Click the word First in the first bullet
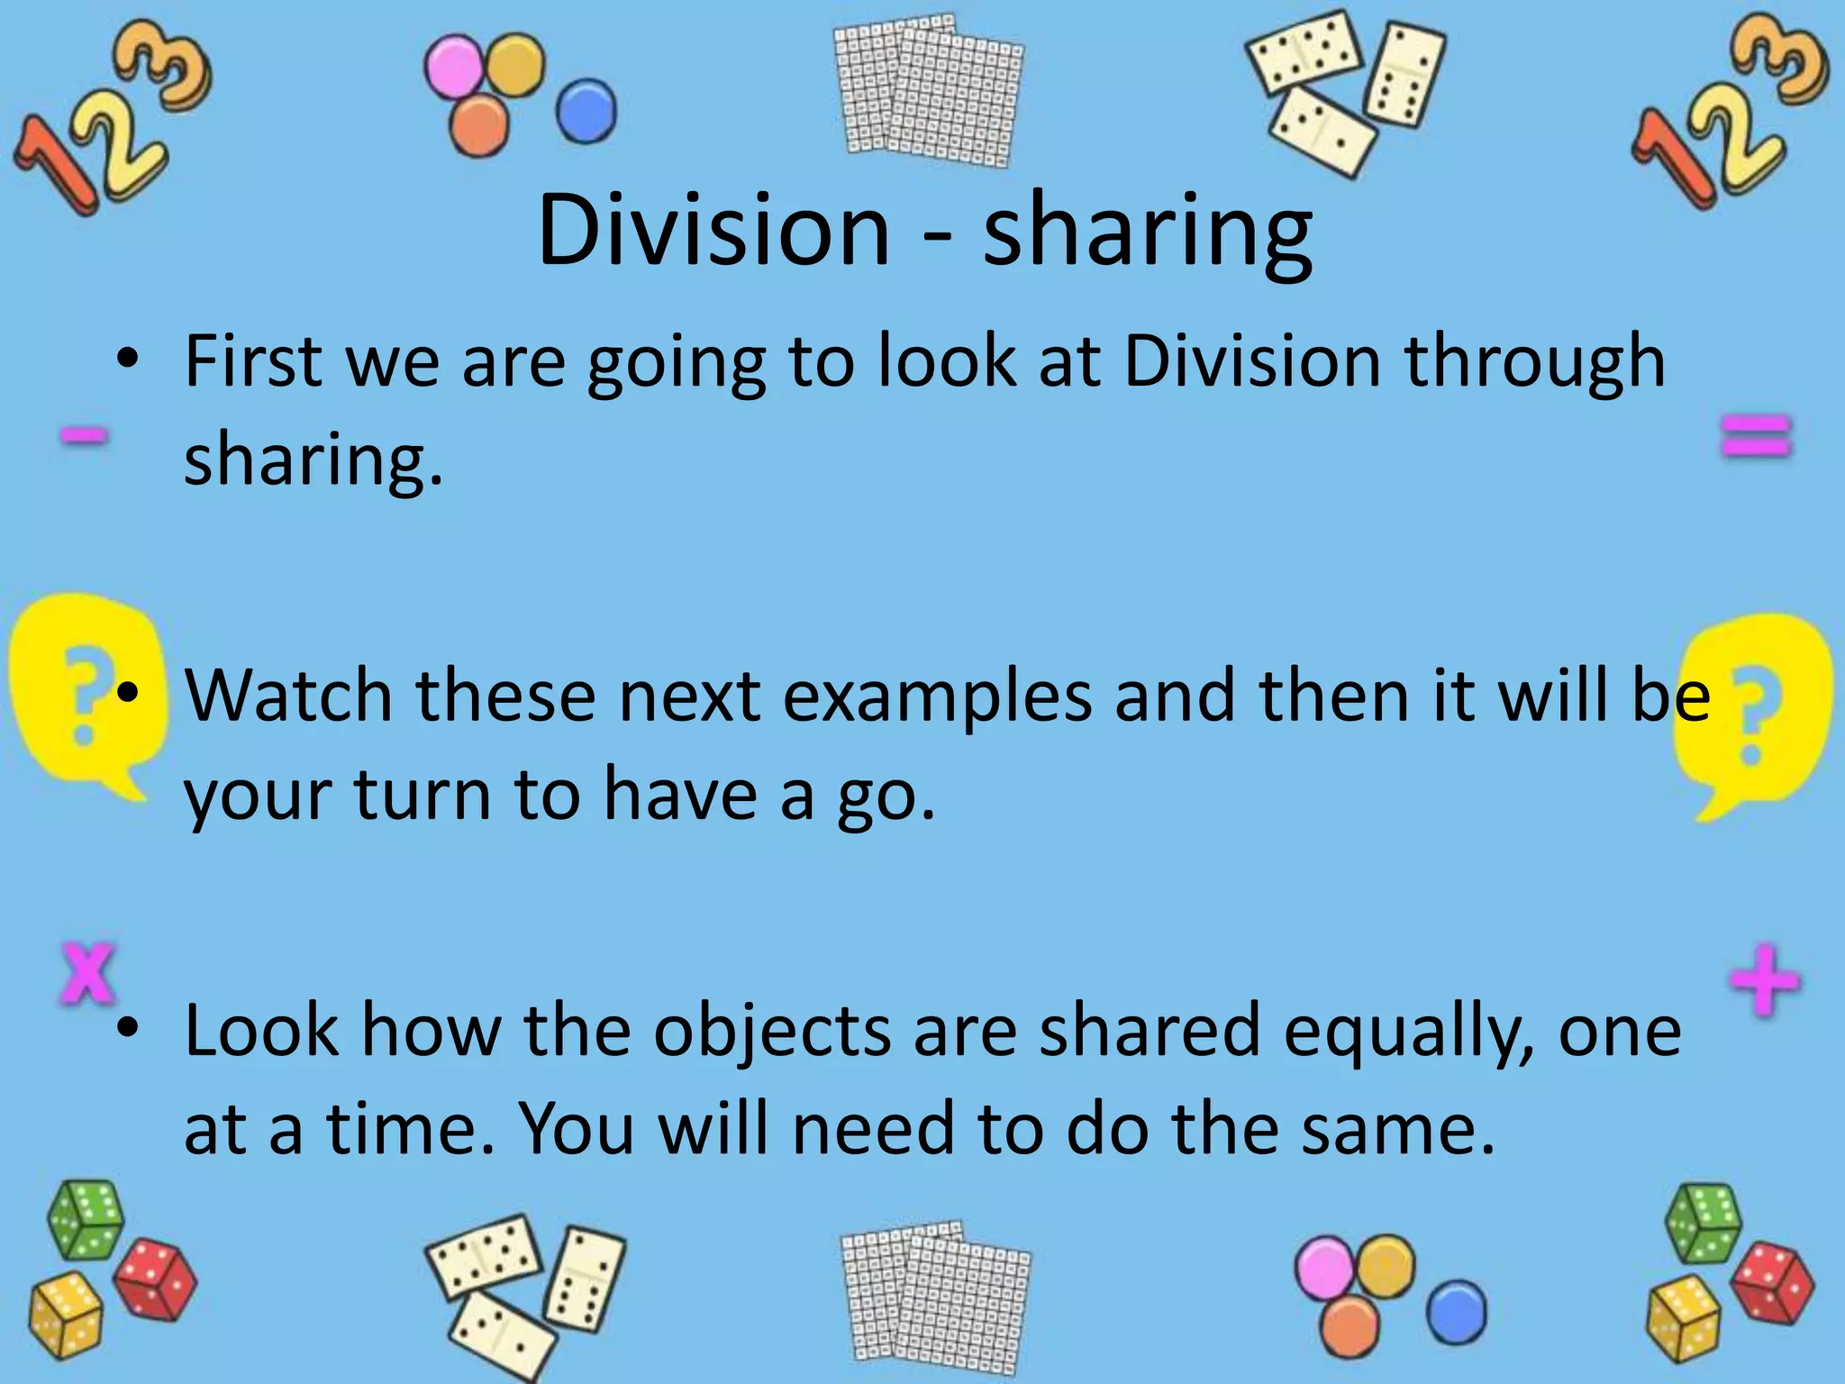[253, 361]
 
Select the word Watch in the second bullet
[288, 696]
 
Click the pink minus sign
[85, 438]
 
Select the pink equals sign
[1756, 438]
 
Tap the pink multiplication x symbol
[88, 973]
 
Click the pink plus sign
[1764, 979]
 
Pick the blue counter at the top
[586, 112]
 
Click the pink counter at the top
[455, 68]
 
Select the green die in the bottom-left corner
[85, 1219]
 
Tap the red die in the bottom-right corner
[1771, 1282]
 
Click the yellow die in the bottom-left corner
[66, 1316]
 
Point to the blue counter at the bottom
[1456, 1311]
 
